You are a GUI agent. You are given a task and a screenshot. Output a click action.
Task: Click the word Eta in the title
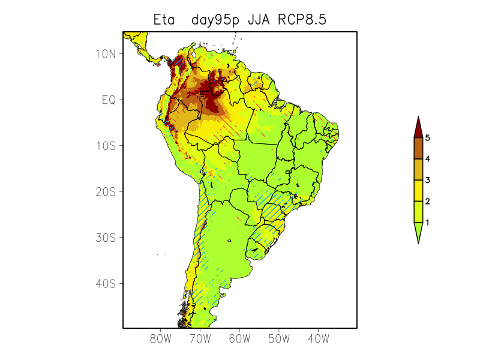coord(164,20)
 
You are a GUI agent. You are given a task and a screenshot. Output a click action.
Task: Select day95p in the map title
coord(215,20)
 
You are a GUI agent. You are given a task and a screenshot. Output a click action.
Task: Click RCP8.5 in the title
coord(304,20)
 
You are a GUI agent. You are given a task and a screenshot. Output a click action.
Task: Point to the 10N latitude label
coord(105,54)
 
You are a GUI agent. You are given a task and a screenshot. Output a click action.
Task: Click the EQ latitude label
coord(109,100)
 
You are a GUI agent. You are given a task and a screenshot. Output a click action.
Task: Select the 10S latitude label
coord(105,146)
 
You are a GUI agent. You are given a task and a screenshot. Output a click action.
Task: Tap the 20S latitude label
coord(105,191)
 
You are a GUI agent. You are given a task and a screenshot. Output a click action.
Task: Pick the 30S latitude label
coord(105,238)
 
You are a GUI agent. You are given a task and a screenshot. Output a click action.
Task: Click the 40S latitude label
coord(105,283)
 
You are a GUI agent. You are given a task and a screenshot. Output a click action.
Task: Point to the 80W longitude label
coord(161,339)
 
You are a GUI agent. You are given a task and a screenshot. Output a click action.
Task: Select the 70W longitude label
coord(200,339)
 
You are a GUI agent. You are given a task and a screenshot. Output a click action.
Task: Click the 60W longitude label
coord(239,339)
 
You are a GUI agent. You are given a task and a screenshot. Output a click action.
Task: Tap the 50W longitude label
coord(279,339)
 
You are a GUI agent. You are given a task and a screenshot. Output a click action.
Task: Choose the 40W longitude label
coord(318,339)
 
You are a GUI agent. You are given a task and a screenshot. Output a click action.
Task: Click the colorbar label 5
coord(428,138)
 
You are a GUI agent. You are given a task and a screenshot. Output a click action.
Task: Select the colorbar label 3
coord(428,180)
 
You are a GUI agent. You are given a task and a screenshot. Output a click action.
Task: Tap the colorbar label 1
coord(428,222)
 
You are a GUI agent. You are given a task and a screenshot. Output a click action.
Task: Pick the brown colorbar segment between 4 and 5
coord(418,148)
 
